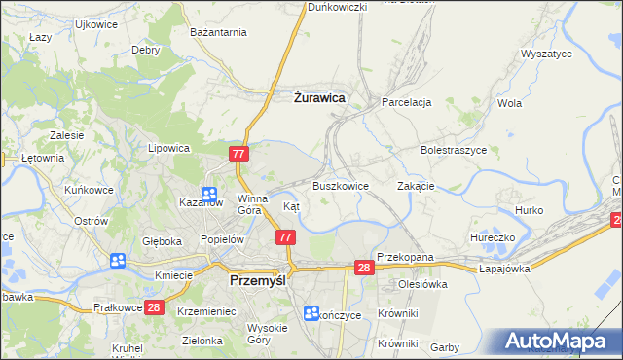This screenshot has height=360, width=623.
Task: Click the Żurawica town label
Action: tap(319, 97)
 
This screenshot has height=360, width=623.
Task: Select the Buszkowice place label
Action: tap(340, 185)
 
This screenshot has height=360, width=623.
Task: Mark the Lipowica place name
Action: tap(167, 149)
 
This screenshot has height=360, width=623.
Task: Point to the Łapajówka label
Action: tap(503, 270)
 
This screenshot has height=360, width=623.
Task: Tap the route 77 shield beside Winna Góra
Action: tap(239, 154)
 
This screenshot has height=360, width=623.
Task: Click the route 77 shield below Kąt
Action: tap(284, 237)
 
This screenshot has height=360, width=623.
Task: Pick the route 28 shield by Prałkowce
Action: tap(154, 307)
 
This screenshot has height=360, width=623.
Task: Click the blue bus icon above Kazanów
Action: tap(209, 195)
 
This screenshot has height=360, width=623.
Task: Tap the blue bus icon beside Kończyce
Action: tap(311, 313)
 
